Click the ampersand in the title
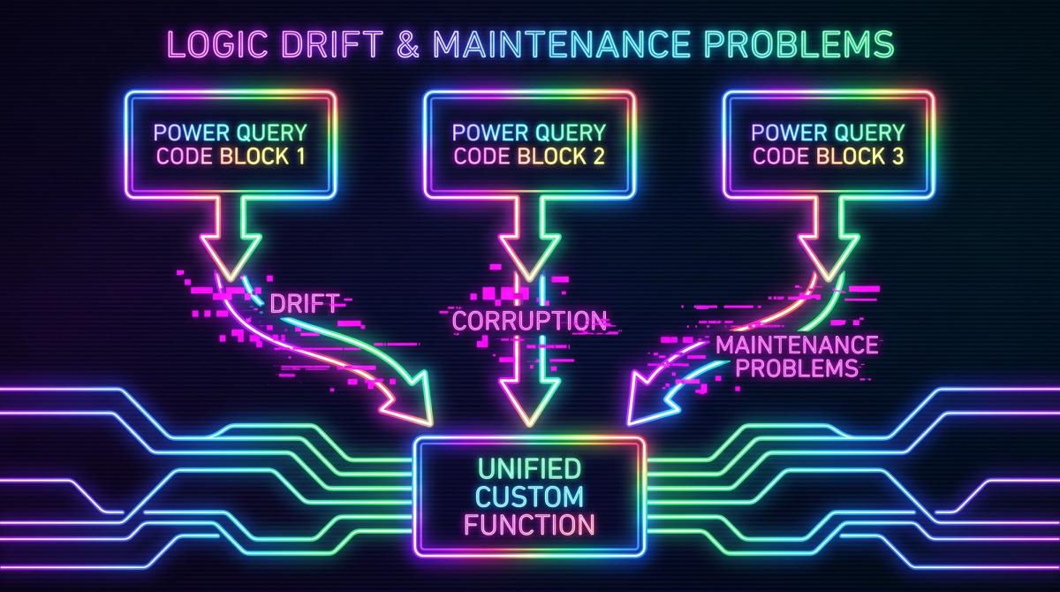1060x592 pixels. [x=408, y=44]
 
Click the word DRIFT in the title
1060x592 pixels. [x=332, y=44]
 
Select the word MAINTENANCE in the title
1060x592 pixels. [x=562, y=44]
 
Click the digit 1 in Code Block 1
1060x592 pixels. [x=300, y=156]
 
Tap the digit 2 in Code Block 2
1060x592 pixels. [x=599, y=156]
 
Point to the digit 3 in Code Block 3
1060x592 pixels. [x=897, y=156]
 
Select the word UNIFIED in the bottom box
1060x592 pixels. [x=529, y=468]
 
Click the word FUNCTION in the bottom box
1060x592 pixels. [x=529, y=524]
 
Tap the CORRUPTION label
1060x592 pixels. [x=529, y=321]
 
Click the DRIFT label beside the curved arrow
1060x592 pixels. [x=304, y=303]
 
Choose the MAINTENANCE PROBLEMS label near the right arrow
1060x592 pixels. [x=797, y=356]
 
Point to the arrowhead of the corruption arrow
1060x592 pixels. [x=529, y=402]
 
